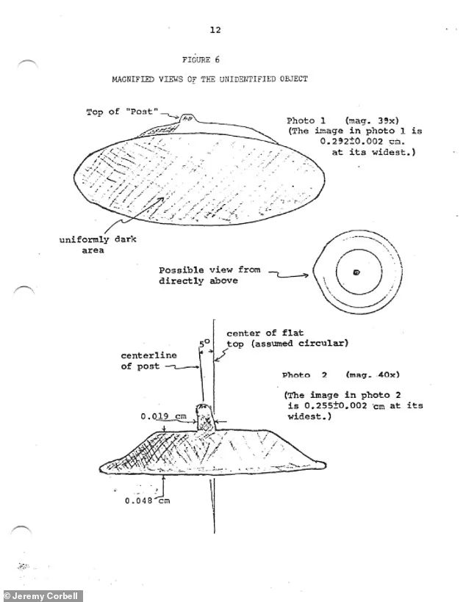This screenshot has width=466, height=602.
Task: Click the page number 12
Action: point(215,30)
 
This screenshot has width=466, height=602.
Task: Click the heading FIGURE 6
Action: point(201,60)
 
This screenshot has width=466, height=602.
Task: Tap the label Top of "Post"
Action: point(122,112)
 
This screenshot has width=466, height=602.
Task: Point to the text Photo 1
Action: point(306,120)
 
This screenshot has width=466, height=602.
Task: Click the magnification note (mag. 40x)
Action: point(373,374)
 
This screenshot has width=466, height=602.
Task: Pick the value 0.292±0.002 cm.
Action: point(362,141)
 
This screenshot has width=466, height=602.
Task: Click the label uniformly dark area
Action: point(98,244)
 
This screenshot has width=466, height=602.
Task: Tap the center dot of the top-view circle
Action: point(356,272)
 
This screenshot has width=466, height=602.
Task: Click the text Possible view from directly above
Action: point(209,275)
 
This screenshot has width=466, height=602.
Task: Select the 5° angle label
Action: point(204,342)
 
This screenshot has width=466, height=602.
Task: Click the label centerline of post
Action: point(148,360)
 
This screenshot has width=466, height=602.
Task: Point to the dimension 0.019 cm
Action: point(163,416)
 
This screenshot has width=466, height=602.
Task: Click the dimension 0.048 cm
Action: point(147,501)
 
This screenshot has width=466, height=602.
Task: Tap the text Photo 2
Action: point(304,374)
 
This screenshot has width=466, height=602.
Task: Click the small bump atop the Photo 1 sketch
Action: point(187,119)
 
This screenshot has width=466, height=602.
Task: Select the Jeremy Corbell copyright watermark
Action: point(41,596)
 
